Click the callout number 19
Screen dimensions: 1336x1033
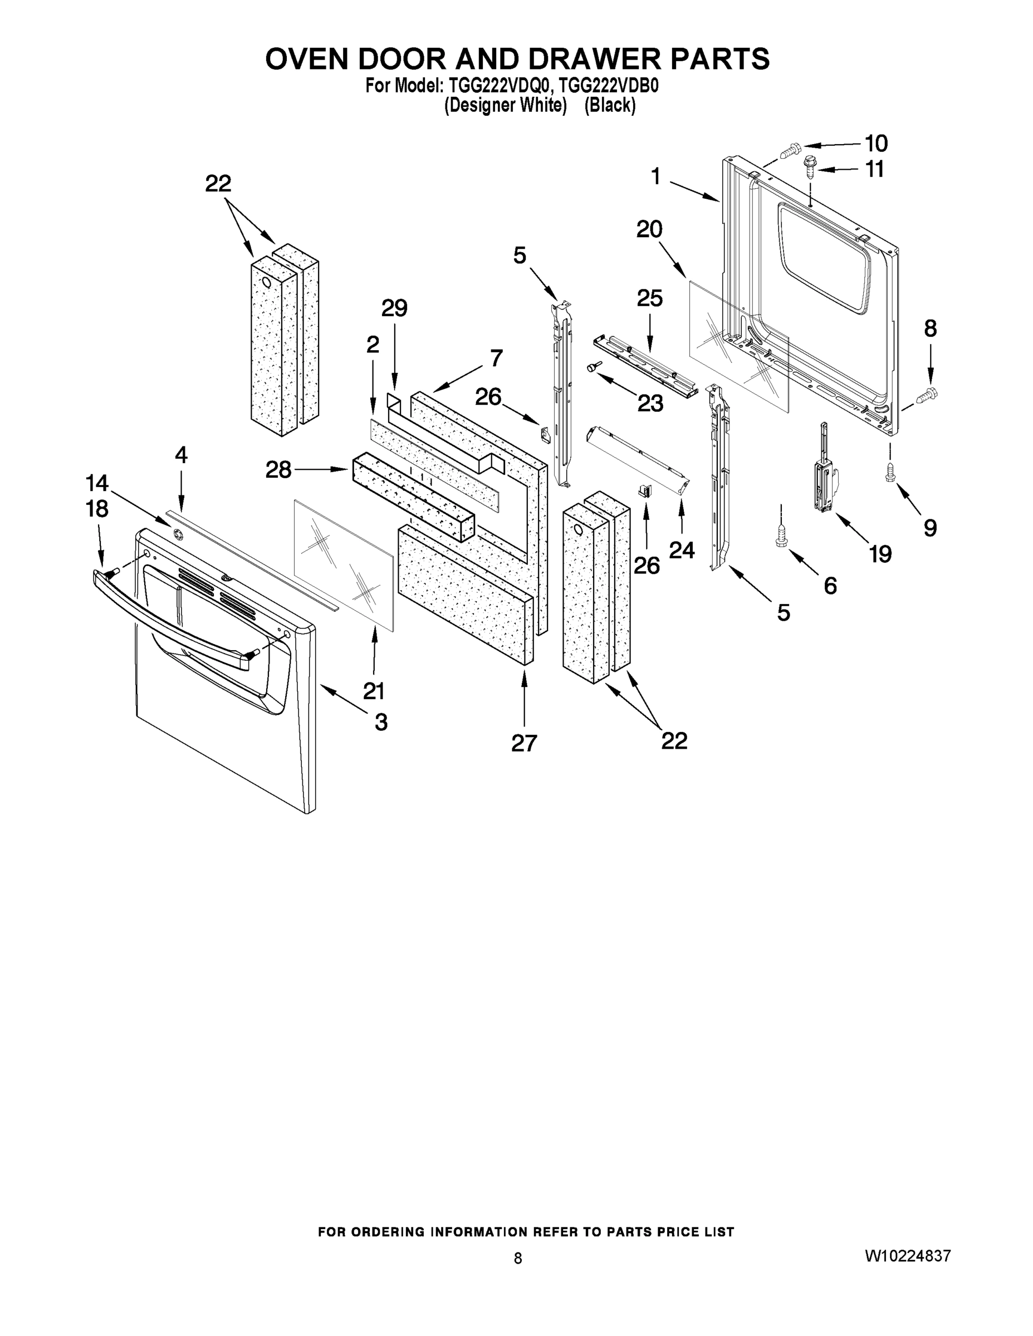coord(880,554)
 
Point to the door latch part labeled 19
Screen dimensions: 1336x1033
coord(822,471)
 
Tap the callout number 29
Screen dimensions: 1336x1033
coord(394,308)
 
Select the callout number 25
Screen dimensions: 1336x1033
coord(649,298)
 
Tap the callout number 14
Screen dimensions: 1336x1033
coord(97,483)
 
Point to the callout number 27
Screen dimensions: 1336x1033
coord(524,743)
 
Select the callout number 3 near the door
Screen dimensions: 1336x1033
coord(381,722)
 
